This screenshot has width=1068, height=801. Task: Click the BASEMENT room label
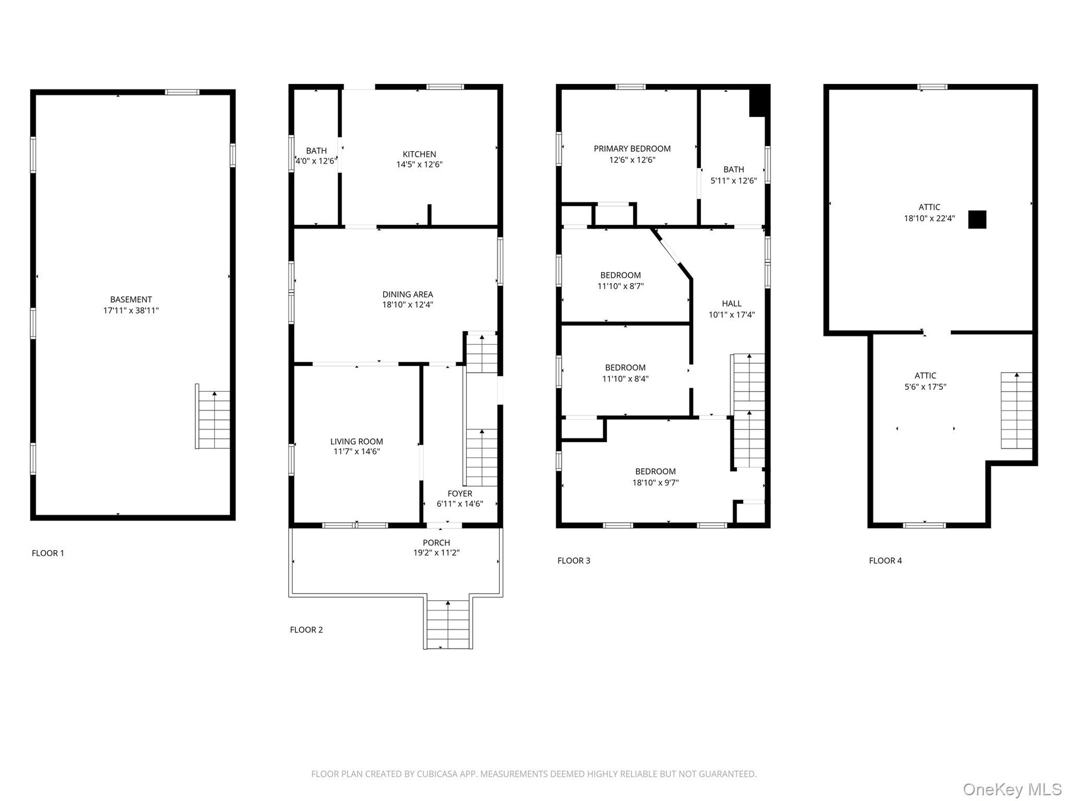pos(131,299)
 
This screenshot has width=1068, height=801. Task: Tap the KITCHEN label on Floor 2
pos(419,154)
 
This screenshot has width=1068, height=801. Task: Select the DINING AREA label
pos(408,294)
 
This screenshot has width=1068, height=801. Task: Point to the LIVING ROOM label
pos(357,442)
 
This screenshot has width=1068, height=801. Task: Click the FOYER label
pos(460,493)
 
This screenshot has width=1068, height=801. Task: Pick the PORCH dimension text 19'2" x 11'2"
pos(436,553)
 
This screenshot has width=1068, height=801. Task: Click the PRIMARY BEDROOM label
pos(632,149)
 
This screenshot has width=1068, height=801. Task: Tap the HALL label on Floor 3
pos(731,303)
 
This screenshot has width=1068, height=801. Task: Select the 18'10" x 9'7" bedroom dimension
pos(655,483)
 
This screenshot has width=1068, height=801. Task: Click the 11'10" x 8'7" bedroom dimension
pos(620,286)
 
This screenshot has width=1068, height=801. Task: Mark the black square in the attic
pos(977,219)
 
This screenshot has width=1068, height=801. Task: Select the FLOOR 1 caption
pos(48,553)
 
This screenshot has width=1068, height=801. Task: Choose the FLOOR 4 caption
pos(886,561)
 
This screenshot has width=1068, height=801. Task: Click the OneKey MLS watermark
pos(1012,789)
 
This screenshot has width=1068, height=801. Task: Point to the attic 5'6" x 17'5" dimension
pos(926,387)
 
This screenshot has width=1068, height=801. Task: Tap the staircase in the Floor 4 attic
pos(1017,411)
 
